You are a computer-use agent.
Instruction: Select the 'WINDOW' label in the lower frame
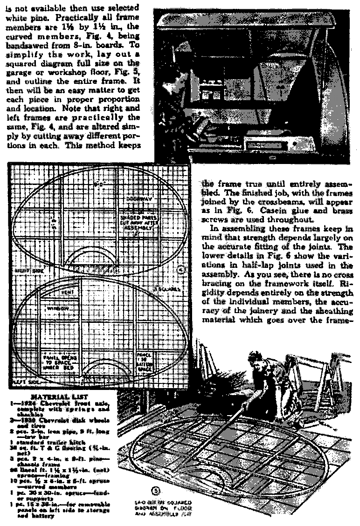coord(60,308)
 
